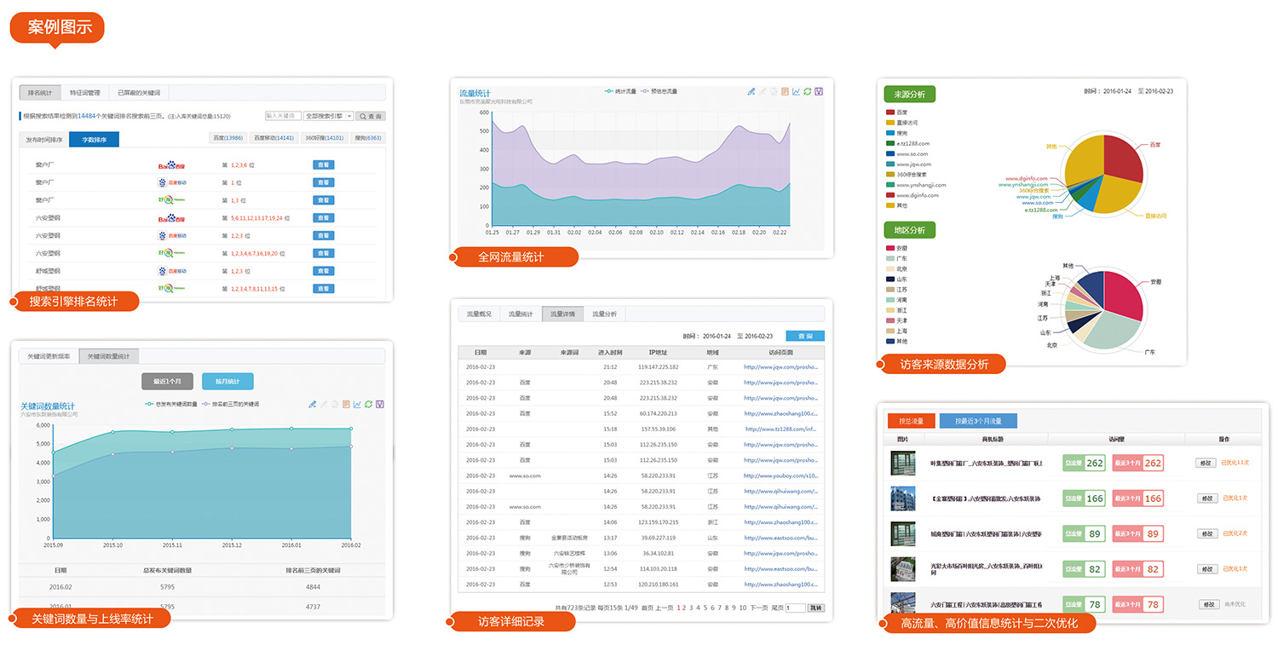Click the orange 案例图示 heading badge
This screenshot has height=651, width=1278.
coord(57,26)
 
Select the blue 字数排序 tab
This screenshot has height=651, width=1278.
coord(94,140)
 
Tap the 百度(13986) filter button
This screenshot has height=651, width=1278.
coord(227,138)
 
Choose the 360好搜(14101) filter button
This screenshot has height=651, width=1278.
coord(323,138)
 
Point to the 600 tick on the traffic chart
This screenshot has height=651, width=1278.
coord(483,112)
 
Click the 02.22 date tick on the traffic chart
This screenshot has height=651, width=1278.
coord(779,232)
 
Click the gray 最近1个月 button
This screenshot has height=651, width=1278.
coord(167,382)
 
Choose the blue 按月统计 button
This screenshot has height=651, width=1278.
coord(227,382)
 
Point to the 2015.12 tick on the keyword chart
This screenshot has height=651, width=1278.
coord(231,544)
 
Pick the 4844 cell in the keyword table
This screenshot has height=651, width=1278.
coord(313,587)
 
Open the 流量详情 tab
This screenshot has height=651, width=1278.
coord(562,314)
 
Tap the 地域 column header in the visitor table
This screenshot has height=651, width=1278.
coord(712,352)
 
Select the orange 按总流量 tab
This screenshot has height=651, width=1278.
coord(911,421)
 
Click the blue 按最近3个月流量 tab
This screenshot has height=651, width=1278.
coord(978,421)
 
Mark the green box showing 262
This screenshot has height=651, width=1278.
coord(1095,464)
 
